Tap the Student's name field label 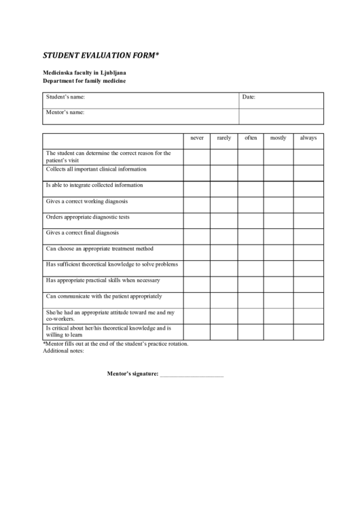point(65,97)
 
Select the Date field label point(249,97)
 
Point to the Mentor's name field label point(65,112)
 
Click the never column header point(196,138)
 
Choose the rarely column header point(223,138)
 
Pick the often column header point(251,138)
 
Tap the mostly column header point(278,138)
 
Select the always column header point(308,138)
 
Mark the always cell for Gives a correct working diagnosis point(308,204)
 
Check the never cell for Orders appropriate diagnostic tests point(196,220)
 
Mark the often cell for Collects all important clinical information point(251,173)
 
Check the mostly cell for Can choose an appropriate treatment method point(278,251)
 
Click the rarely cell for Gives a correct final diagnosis point(223,236)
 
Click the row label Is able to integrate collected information point(94,185)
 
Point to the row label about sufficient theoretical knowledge point(111,264)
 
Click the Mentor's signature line point(191,374)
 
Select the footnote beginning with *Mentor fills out point(115,344)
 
